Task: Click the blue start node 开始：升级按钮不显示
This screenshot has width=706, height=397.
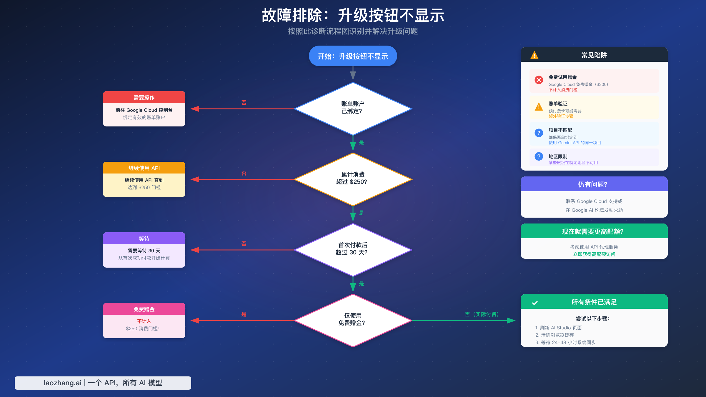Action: point(353,56)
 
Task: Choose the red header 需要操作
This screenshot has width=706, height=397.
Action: point(144,97)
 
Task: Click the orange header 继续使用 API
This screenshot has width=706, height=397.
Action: point(144,168)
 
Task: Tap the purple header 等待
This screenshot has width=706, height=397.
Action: point(144,238)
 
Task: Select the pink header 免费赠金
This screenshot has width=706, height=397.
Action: point(144,309)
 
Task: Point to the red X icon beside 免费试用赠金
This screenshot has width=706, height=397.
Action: point(539,80)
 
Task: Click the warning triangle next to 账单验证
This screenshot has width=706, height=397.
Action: point(539,107)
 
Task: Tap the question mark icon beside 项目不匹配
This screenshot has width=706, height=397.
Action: point(539,133)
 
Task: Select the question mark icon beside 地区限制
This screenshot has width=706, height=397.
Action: point(539,156)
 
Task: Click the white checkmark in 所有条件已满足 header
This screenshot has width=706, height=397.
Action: point(535,303)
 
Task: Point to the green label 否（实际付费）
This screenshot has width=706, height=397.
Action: point(482,314)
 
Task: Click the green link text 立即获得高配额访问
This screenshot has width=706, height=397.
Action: point(594,254)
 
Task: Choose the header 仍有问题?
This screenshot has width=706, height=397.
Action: point(594,184)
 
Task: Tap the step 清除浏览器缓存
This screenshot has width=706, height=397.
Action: point(557,335)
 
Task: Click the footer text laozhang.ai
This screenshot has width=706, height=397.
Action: point(62,383)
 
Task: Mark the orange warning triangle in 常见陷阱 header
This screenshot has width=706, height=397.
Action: point(534,55)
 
